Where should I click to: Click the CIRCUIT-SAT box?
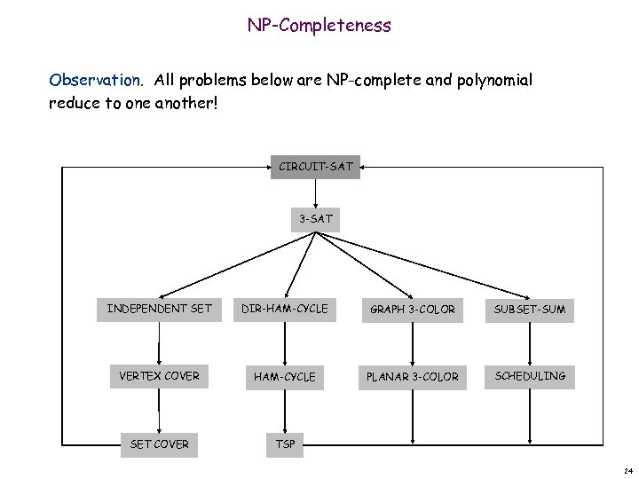point(316,166)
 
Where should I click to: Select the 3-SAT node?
point(316,218)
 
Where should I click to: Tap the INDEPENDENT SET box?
point(160,309)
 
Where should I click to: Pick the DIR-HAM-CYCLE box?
point(285,309)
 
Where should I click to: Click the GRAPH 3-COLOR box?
point(412,310)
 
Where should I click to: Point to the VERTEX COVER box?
point(160,376)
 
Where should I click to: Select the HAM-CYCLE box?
point(285,377)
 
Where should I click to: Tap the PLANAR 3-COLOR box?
point(412,377)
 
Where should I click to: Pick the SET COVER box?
point(160,444)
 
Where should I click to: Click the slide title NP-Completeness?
point(319,25)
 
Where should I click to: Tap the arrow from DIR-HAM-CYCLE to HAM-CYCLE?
point(285,342)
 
